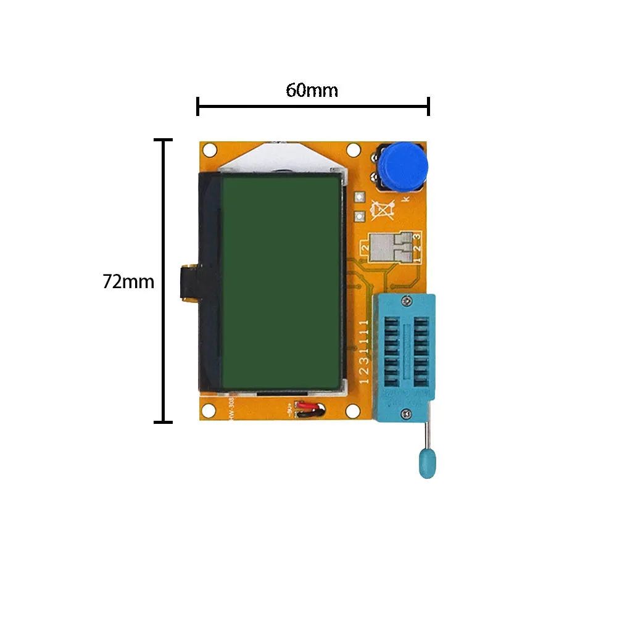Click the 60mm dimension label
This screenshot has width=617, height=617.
[x=312, y=91]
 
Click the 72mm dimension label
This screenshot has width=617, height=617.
[x=128, y=281]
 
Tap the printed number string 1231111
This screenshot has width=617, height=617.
[x=363, y=352]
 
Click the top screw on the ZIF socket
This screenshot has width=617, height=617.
[x=406, y=300]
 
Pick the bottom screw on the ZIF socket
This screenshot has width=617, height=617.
[x=405, y=413]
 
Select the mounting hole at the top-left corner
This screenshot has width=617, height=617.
[x=210, y=150]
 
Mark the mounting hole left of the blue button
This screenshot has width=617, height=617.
[x=354, y=150]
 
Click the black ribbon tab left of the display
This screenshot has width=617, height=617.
[x=188, y=284]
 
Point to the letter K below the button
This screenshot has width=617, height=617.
[x=405, y=199]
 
